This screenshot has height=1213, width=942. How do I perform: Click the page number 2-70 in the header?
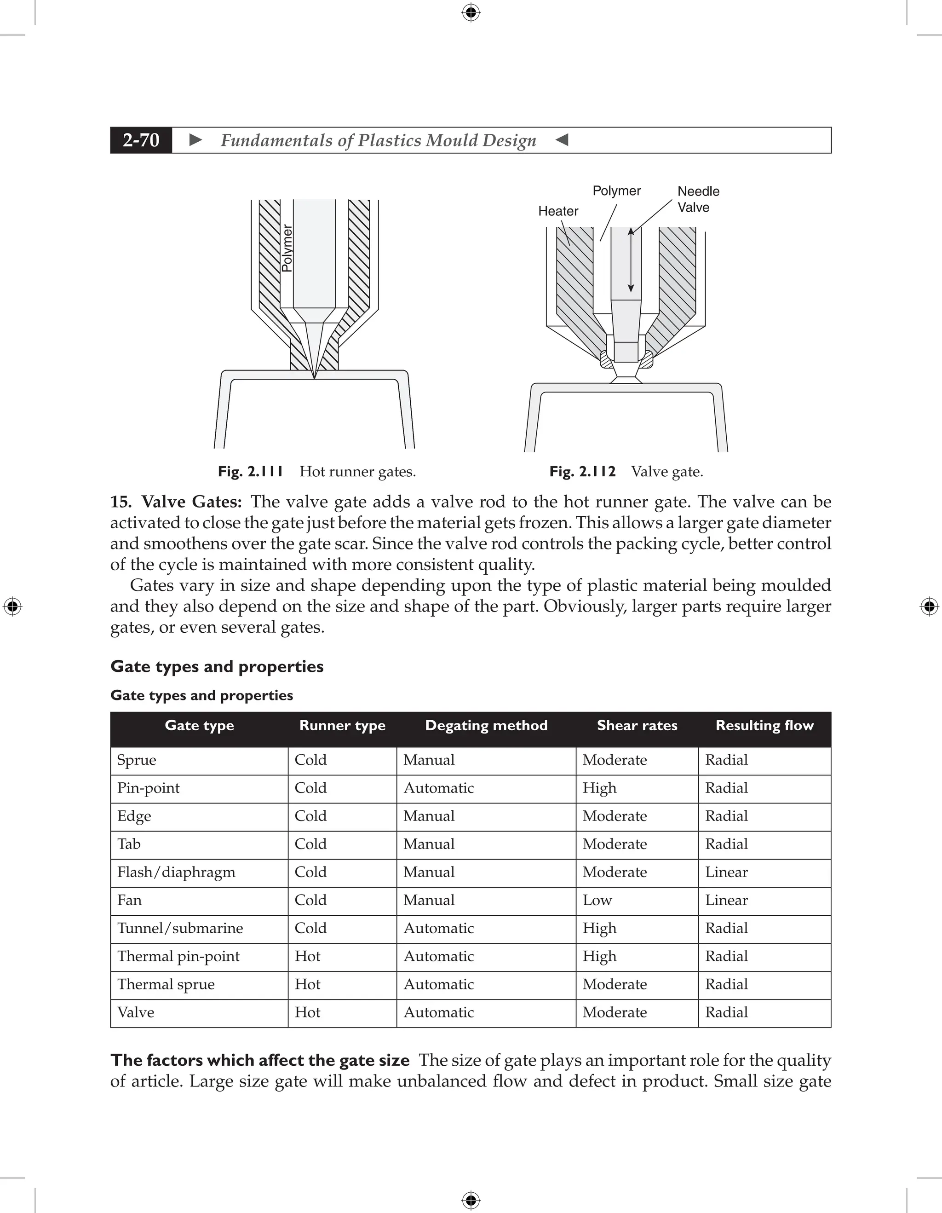[x=141, y=140]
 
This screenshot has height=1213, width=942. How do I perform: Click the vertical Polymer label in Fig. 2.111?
[x=287, y=248]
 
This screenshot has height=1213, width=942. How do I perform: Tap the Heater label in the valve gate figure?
[x=558, y=211]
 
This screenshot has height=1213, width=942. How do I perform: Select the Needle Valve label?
[x=698, y=199]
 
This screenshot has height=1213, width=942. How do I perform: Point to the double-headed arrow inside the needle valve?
[x=631, y=260]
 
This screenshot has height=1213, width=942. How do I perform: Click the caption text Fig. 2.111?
[x=250, y=472]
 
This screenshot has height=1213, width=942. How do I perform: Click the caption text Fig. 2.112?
[x=582, y=472]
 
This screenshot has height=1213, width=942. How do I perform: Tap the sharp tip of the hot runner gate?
[x=314, y=377]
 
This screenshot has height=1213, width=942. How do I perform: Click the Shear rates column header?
[x=637, y=725]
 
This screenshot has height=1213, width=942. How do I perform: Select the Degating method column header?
[x=486, y=725]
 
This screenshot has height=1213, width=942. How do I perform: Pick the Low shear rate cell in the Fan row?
[x=597, y=900]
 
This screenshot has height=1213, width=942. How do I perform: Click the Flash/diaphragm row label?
[x=176, y=872]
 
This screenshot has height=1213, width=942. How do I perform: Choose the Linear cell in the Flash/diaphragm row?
[x=726, y=872]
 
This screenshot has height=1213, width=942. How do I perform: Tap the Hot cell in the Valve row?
[x=308, y=1012]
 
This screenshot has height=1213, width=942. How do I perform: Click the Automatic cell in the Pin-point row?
[x=438, y=788]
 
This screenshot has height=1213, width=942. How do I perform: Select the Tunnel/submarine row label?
[x=180, y=928]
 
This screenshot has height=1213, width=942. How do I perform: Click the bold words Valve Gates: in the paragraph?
[x=191, y=502]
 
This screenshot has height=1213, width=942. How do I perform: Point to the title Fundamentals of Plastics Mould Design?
[x=379, y=140]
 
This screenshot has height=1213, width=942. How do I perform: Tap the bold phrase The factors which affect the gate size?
[x=260, y=1060]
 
